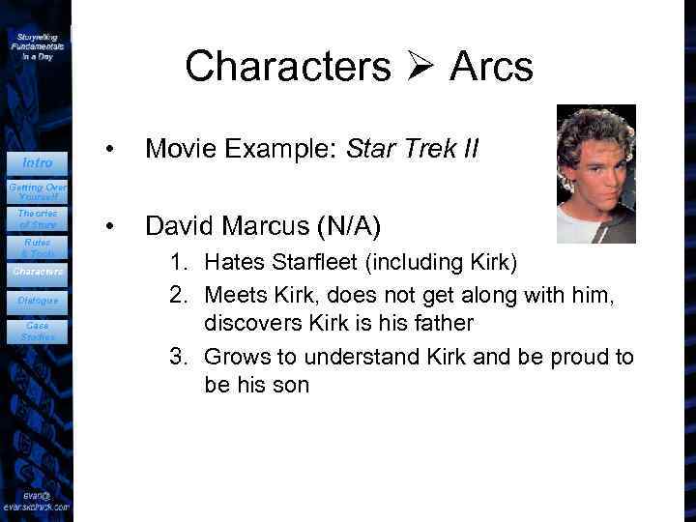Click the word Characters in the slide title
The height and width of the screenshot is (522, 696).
coord(288,67)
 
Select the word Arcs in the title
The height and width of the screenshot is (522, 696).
coord(491,67)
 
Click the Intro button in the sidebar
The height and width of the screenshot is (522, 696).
coord(37,162)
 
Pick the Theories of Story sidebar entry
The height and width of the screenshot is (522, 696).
coord(37,218)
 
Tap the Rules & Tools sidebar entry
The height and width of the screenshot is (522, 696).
coord(37,247)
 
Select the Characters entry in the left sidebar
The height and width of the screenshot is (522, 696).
coord(37,272)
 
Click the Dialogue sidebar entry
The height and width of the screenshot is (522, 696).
coord(37,301)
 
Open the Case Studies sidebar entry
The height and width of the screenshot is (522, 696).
coord(37,332)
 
